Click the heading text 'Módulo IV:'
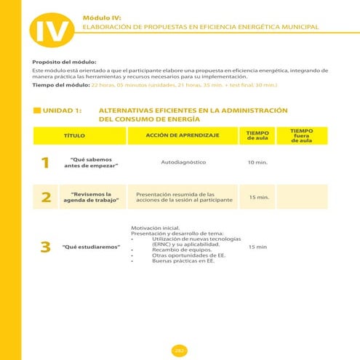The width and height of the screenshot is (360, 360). [x=102, y=15]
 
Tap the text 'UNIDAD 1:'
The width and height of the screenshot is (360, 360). [x=62, y=111]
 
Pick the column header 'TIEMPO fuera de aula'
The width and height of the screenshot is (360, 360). [x=301, y=135]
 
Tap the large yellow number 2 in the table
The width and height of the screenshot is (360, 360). [x=46, y=197]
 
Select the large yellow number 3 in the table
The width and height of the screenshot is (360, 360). [x=46, y=247]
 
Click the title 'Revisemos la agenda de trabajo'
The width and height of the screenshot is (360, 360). [x=91, y=197]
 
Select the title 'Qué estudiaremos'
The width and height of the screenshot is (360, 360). [x=91, y=247]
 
